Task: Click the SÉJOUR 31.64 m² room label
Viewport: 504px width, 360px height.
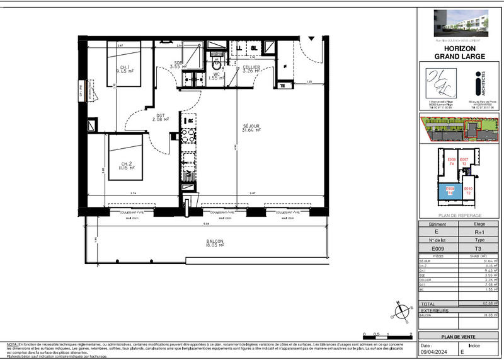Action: (x=251, y=128)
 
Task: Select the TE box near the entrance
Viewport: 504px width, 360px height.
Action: (x=282, y=86)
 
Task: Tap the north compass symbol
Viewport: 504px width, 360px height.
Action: (x=401, y=310)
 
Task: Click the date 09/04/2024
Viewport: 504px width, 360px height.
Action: (x=437, y=351)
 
